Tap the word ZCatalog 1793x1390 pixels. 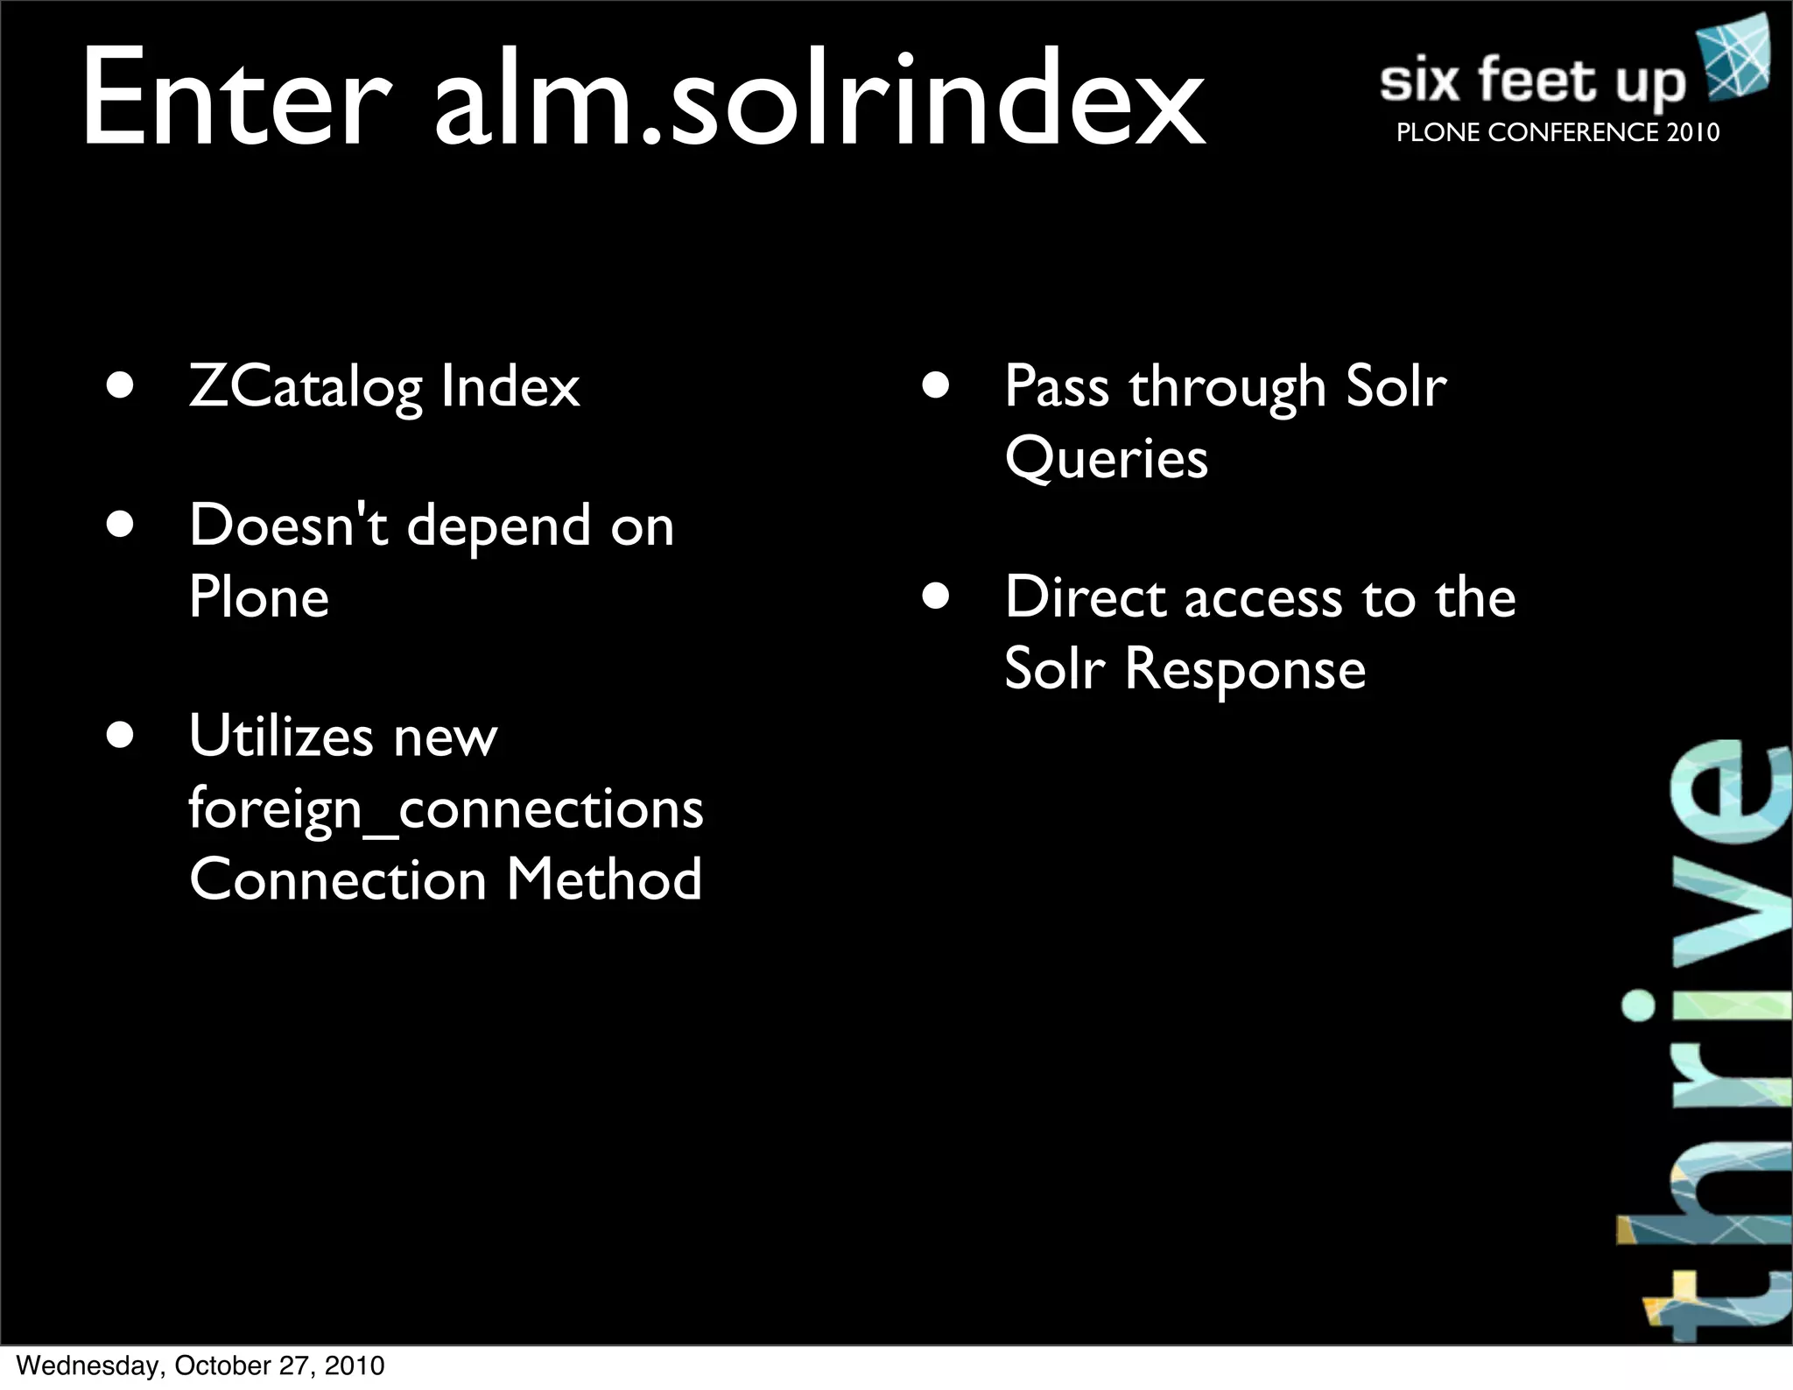306,387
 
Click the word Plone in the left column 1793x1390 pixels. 259,597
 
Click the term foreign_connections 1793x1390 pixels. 446,809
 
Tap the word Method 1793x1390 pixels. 604,879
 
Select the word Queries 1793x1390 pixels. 1106,459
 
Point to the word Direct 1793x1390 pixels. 1085,598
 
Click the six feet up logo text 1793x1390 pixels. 1532,81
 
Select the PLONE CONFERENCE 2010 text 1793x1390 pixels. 1557,132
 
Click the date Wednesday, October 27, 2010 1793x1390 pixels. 200,1365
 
